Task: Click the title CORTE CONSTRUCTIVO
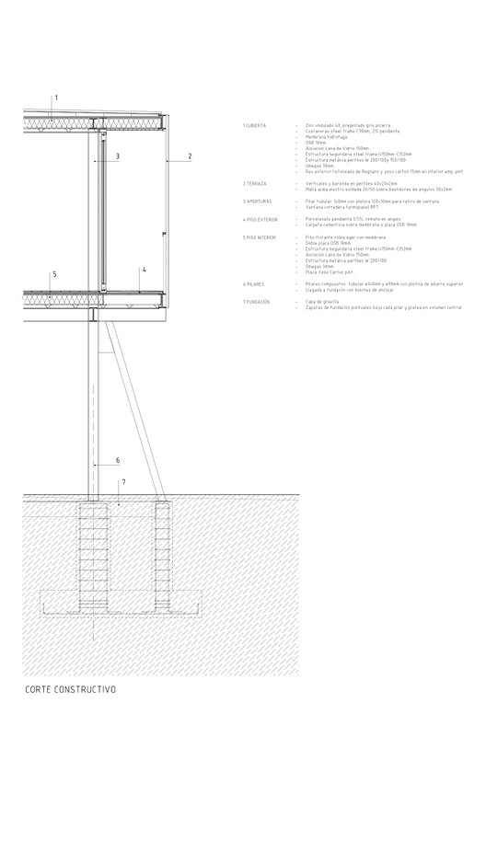(71, 689)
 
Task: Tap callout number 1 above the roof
(55, 97)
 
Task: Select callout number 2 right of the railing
(189, 156)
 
